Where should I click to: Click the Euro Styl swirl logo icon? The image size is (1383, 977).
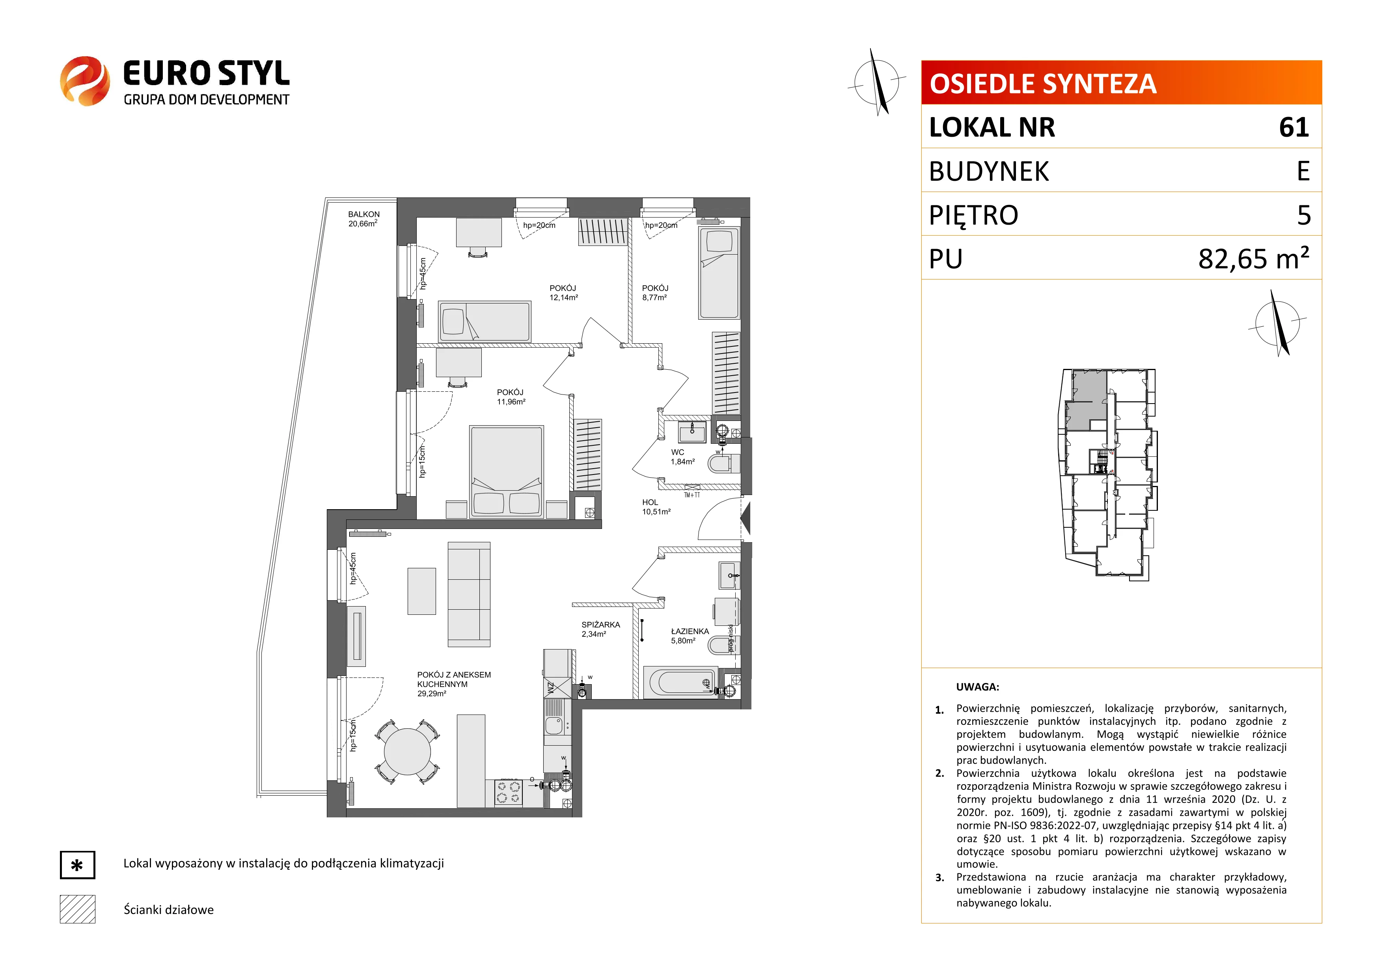85,81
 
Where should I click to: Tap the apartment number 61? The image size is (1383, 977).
1294,127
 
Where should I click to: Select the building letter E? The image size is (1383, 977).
1303,171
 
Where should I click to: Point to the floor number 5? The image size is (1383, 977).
1303,215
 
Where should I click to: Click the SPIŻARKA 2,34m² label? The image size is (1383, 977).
600,629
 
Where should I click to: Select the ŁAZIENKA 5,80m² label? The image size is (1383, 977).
690,636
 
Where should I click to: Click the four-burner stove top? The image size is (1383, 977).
508,792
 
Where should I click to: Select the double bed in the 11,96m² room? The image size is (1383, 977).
507,471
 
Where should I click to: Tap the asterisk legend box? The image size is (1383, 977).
77,865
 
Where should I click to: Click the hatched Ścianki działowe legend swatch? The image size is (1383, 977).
77,909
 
